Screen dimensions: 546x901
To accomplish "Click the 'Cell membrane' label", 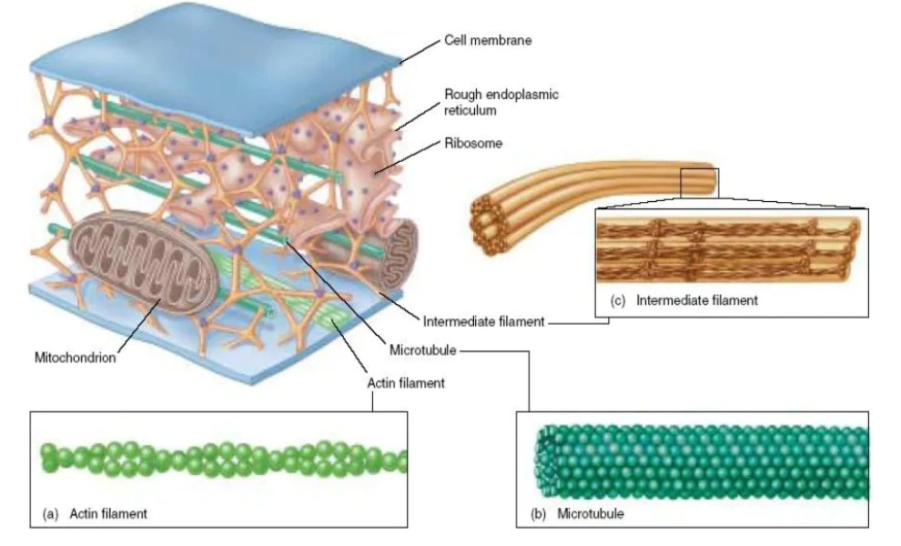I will coord(488,41).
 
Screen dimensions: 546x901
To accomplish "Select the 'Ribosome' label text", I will coord(473,143).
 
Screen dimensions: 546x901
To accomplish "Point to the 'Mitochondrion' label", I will coord(75,358).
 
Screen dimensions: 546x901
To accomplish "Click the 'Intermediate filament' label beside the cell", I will coord(483,321).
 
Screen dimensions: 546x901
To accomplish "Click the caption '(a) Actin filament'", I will coord(96,514).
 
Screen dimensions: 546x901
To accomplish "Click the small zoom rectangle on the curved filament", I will coord(699,181).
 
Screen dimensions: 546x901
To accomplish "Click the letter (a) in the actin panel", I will coord(52,514).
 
